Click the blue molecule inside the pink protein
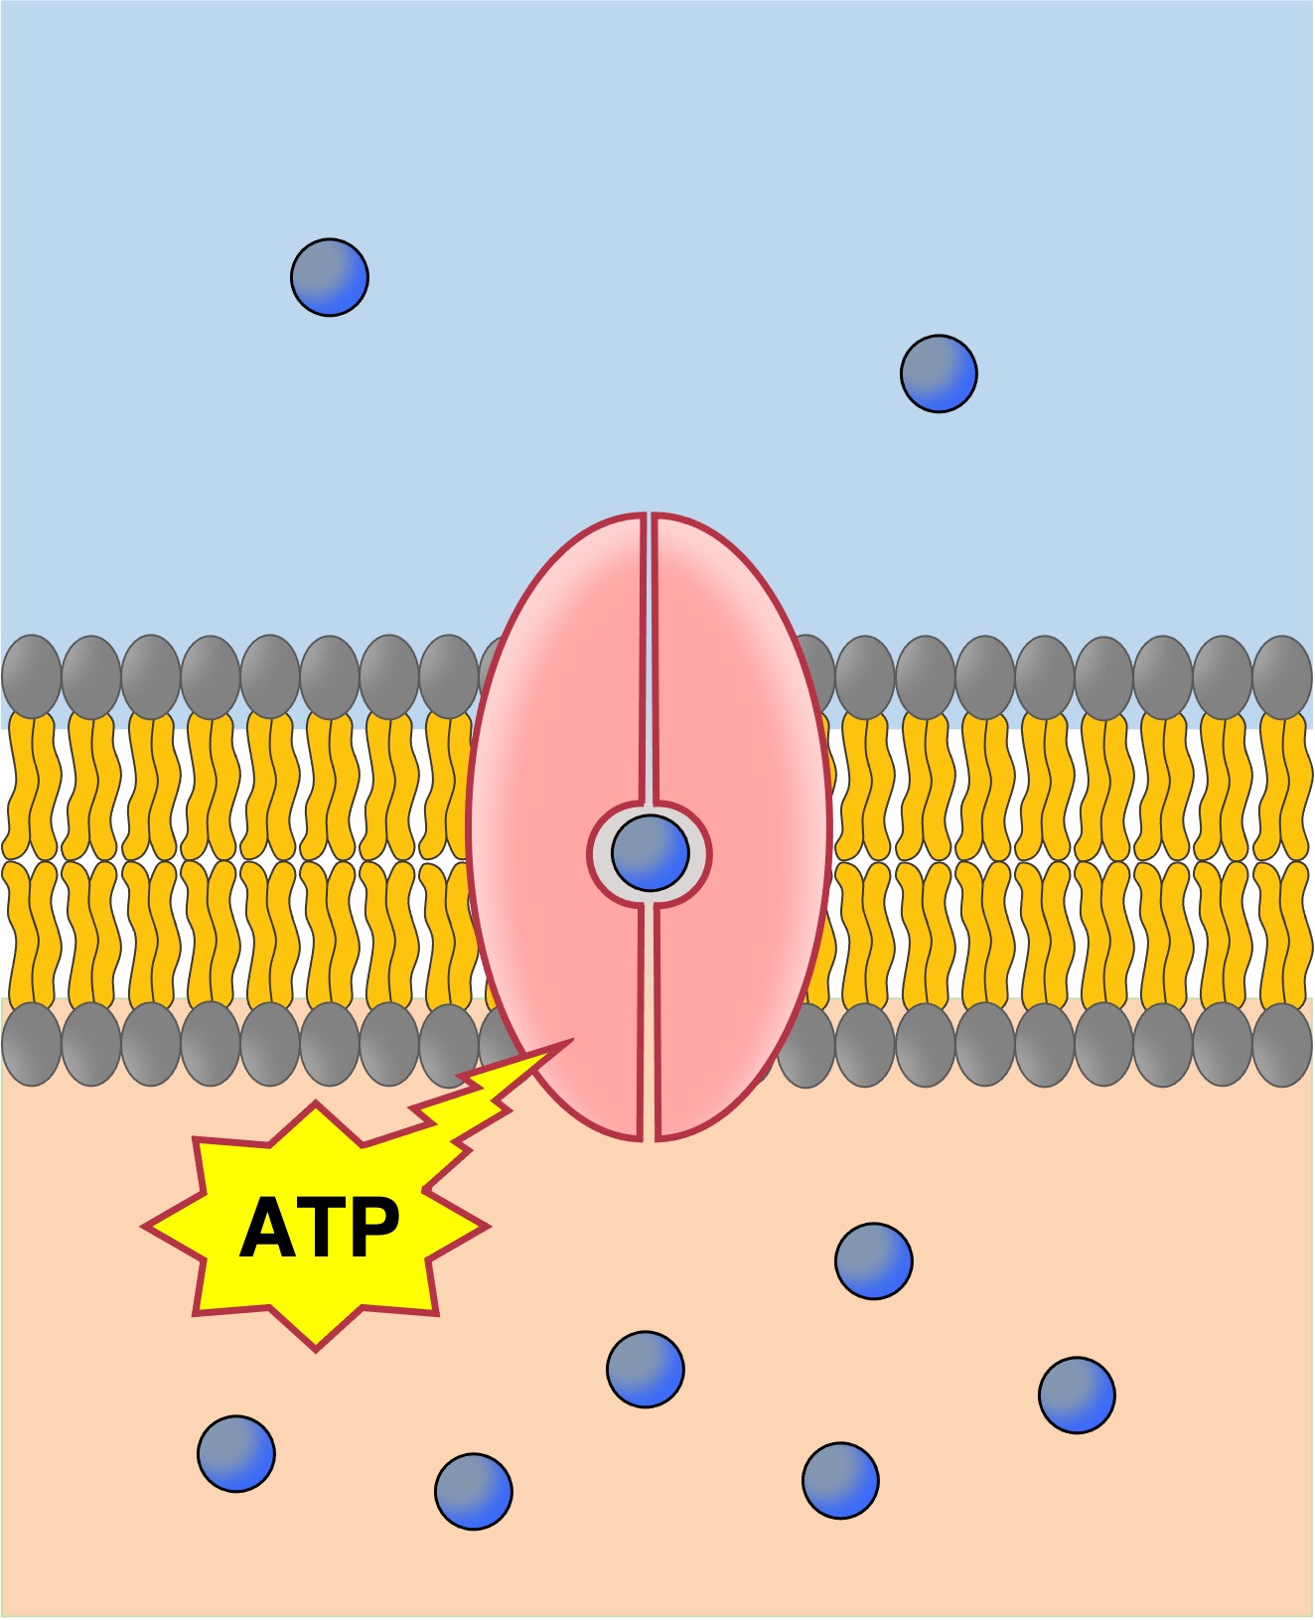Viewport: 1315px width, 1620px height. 651,853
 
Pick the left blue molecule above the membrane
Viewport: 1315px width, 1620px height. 330,277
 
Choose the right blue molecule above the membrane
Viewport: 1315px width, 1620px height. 939,373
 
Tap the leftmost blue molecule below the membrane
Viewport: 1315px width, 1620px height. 236,1453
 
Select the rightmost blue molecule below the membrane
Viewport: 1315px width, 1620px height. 1077,1395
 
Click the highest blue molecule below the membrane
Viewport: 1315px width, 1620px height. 874,1260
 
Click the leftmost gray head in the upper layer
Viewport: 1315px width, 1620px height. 32,676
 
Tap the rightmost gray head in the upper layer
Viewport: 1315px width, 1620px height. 1282,677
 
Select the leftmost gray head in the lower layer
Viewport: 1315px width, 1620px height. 32,1044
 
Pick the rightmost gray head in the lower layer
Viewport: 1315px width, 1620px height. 1282,1045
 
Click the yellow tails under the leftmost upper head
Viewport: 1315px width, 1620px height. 32,785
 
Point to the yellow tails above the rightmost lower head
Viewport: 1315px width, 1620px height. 1282,934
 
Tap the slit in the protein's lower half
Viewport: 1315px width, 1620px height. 649,1023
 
